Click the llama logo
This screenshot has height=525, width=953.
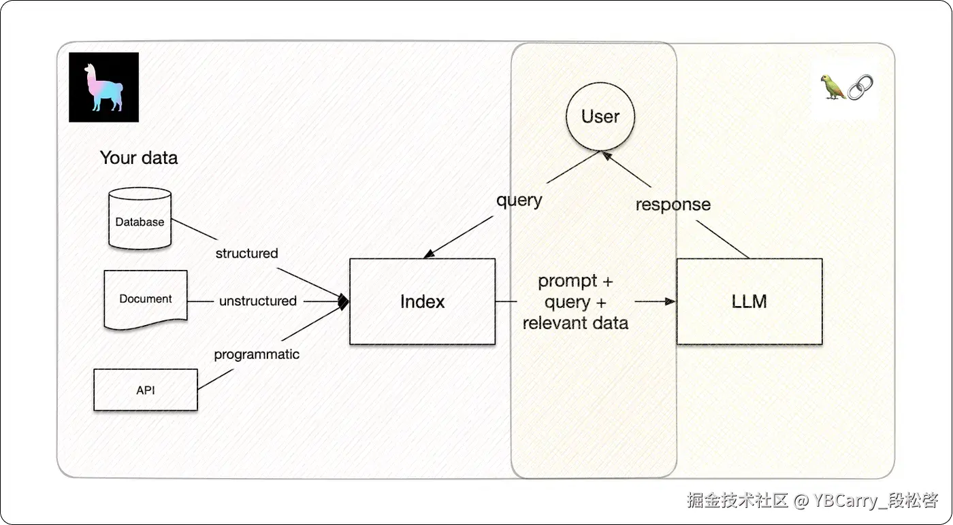tap(103, 87)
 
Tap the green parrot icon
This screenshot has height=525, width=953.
tap(833, 87)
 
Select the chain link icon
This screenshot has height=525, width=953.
tap(860, 88)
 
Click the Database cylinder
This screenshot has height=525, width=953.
tap(140, 218)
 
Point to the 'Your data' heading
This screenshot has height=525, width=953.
tap(139, 158)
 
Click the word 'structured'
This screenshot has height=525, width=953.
tap(246, 254)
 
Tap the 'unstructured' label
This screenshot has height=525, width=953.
tap(258, 301)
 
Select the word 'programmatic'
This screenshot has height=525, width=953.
tap(257, 354)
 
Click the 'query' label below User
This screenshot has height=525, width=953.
tap(519, 201)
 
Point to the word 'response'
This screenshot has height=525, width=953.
tap(673, 205)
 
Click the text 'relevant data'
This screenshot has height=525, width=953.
tap(575, 323)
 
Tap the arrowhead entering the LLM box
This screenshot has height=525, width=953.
tap(671, 301)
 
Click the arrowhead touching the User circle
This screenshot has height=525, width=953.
tap(607, 156)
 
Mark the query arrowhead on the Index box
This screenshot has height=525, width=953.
tap(429, 254)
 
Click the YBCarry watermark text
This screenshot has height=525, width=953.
tap(875, 501)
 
